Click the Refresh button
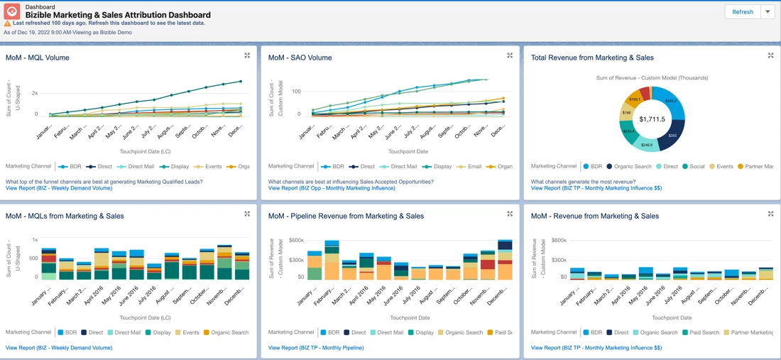(x=742, y=12)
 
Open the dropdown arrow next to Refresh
(x=768, y=12)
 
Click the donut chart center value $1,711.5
(x=652, y=119)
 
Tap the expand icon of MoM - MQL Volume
(x=247, y=55)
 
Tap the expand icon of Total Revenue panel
(x=770, y=55)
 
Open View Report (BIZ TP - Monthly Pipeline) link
(x=316, y=348)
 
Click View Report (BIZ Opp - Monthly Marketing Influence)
(x=332, y=188)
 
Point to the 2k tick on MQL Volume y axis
(x=35, y=93)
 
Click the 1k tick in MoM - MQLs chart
(x=35, y=240)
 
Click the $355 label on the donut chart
(x=672, y=135)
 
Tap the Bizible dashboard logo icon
(x=12, y=11)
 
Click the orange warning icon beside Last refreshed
(x=8, y=23)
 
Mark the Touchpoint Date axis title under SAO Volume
(x=408, y=151)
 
